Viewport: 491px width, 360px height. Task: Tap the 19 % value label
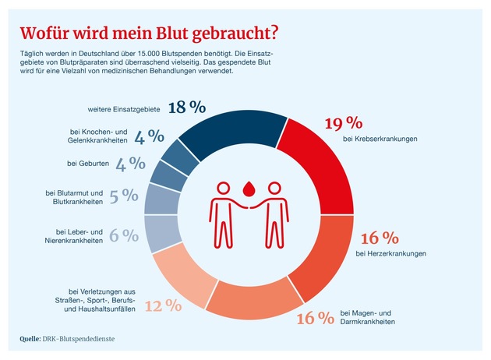click(343, 122)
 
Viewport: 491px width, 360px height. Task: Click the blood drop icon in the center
click(249, 188)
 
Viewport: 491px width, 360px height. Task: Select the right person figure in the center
click(274, 210)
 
